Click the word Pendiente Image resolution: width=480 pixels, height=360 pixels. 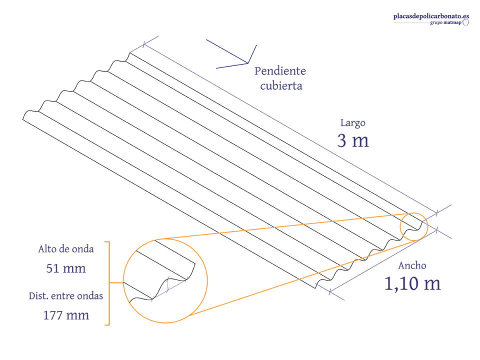(280, 71)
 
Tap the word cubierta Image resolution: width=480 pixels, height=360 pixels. (281, 85)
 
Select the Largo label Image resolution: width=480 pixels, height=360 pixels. (352, 123)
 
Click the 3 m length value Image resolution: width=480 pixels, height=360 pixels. (353, 141)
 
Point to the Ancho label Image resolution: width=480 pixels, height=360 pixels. (412, 265)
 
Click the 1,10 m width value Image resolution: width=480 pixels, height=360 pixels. (412, 283)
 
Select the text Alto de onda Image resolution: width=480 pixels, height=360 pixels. (66, 249)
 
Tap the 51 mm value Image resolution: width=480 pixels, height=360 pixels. (66, 268)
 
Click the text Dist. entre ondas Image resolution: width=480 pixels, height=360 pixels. (66, 296)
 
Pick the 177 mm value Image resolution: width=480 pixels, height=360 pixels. (66, 315)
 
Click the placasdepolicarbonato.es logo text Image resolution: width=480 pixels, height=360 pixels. (431, 16)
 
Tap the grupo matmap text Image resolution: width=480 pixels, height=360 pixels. (445, 22)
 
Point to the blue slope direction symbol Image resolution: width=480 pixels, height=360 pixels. (247, 63)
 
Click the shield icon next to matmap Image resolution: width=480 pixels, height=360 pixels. (465, 22)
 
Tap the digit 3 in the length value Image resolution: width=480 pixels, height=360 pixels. (341, 141)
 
